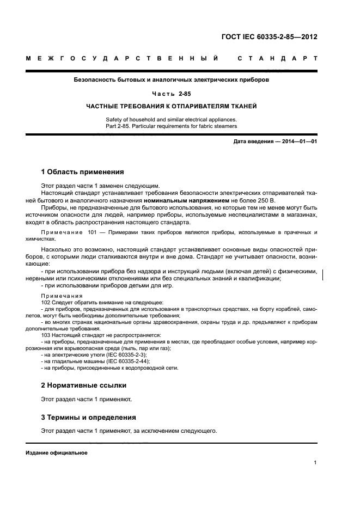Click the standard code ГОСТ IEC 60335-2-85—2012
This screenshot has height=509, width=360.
point(269,37)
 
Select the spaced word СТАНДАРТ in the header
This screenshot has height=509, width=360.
point(278,58)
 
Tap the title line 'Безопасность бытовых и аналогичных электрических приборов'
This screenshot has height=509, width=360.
point(171,80)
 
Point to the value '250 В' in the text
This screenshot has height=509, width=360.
point(266,200)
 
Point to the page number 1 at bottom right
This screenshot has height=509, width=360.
point(315,463)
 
